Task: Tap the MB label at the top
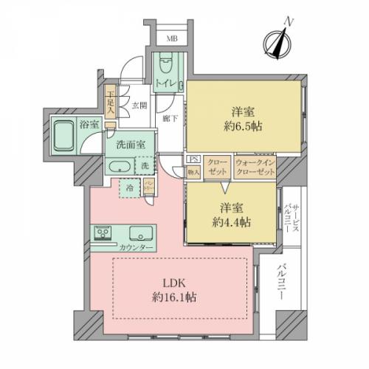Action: pyautogui.click(x=170, y=39)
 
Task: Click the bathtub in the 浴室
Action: pyautogui.click(x=64, y=133)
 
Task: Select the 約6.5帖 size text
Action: pyautogui.click(x=244, y=126)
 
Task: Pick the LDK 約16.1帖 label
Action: pyautogui.click(x=180, y=289)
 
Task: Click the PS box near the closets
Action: pyautogui.click(x=193, y=159)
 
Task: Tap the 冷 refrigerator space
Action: pyautogui.click(x=130, y=189)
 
